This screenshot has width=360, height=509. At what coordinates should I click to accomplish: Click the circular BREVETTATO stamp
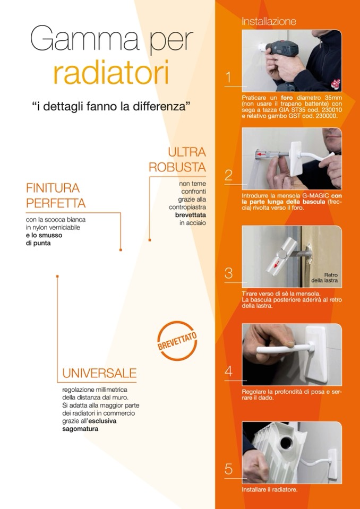pyautogui.click(x=177, y=341)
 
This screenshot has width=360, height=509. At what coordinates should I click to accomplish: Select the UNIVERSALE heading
pyautogui.click(x=99, y=373)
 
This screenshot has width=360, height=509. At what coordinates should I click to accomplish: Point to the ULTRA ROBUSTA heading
pyautogui.click(x=177, y=159)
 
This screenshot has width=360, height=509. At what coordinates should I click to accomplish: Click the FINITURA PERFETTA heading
pyautogui.click(x=56, y=195)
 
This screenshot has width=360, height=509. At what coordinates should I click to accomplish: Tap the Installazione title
pyautogui.click(x=269, y=21)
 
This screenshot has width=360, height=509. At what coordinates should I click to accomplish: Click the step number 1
pyautogui.click(x=228, y=78)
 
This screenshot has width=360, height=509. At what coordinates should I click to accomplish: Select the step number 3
pyautogui.click(x=228, y=273)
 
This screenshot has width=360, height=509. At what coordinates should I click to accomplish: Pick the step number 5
pyautogui.click(x=228, y=469)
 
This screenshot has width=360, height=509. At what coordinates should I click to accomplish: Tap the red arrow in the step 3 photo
pyautogui.click(x=276, y=264)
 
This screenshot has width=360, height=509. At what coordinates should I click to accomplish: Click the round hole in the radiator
pyautogui.click(x=286, y=443)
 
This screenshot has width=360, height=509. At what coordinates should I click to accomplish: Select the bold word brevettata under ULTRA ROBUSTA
pyautogui.click(x=191, y=215)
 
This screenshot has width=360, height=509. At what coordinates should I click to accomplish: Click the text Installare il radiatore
pyautogui.click(x=269, y=489)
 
